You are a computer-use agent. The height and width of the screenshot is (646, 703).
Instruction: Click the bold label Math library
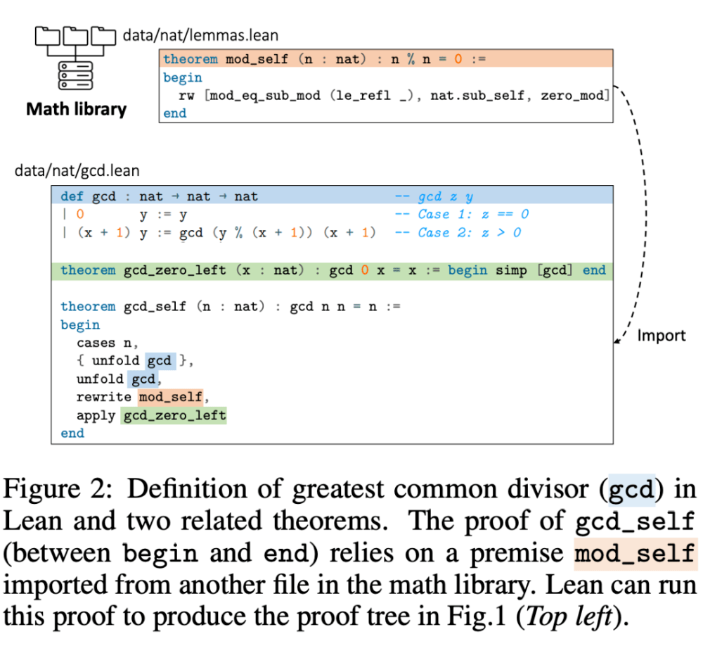pos(76,110)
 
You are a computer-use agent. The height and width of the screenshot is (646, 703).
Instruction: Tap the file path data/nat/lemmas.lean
pos(200,34)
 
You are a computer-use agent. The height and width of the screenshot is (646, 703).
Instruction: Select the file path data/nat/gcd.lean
pos(77,171)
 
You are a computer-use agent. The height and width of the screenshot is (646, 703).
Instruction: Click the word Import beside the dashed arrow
pos(661,336)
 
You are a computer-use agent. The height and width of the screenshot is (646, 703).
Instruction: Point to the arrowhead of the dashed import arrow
pos(617,342)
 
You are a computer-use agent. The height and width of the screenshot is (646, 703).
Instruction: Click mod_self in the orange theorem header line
pos(257,59)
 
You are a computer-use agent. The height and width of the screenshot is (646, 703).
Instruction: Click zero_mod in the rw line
pos(573,95)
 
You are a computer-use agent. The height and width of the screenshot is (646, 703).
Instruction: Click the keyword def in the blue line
pos(72,196)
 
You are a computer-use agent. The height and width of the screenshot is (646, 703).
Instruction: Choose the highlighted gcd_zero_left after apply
pos(174,415)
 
